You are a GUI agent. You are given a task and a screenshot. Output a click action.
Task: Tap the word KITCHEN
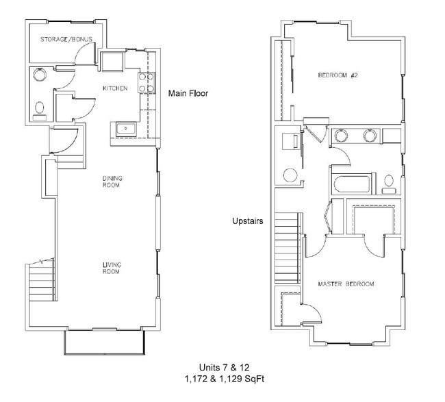[115, 88]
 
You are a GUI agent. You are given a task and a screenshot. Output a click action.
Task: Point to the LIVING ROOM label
[112, 268]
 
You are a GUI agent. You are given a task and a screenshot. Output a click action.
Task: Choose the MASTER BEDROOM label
[346, 283]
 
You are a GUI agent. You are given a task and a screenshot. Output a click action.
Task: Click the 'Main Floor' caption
[188, 93]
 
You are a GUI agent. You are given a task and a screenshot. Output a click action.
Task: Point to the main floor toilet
[39, 108]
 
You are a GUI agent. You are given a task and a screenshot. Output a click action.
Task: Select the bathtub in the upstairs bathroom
[349, 184]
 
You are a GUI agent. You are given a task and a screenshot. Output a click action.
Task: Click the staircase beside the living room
[40, 281]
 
